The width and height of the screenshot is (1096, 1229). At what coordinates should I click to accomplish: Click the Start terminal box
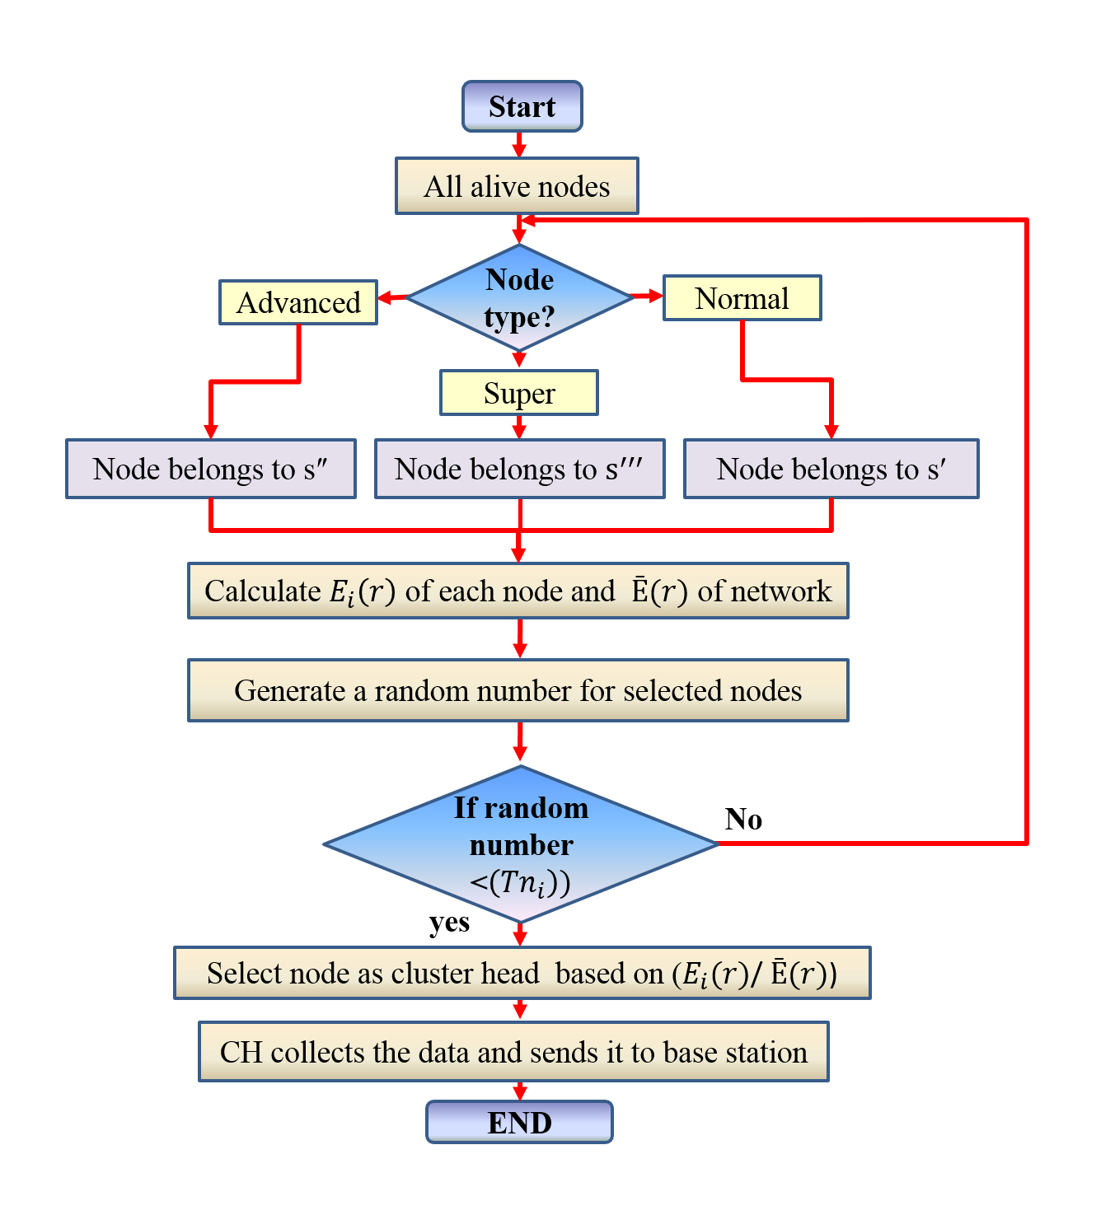tap(522, 106)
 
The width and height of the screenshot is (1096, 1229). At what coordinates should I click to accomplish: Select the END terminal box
tap(519, 1122)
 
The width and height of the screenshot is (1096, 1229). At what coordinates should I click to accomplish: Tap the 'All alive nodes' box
tap(517, 186)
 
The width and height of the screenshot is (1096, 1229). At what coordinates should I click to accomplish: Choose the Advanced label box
tap(298, 302)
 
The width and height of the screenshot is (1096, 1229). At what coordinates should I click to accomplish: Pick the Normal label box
tap(742, 298)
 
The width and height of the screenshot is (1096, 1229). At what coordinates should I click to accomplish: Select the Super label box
tap(519, 393)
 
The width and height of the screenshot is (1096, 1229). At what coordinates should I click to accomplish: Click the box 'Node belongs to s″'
tap(210, 469)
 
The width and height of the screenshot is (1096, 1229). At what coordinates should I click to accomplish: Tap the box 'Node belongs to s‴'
tap(519, 469)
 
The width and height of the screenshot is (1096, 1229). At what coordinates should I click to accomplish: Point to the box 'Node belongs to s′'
tap(831, 469)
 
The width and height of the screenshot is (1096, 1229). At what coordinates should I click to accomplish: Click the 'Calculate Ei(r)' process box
tap(518, 591)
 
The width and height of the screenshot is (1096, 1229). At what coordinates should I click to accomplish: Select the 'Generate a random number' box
tap(518, 690)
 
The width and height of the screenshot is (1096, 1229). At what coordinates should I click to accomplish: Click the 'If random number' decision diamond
tap(521, 844)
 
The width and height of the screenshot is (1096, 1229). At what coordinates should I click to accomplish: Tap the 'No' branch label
tap(743, 819)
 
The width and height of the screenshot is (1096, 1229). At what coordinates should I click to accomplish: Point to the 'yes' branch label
tap(449, 922)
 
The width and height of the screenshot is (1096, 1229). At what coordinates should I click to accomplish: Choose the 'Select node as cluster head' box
tap(522, 973)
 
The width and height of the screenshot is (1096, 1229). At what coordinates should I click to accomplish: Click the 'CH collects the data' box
tap(513, 1052)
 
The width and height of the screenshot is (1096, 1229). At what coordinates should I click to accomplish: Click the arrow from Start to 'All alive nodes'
tap(519, 145)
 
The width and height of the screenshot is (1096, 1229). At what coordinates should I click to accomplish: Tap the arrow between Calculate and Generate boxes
tap(519, 638)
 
